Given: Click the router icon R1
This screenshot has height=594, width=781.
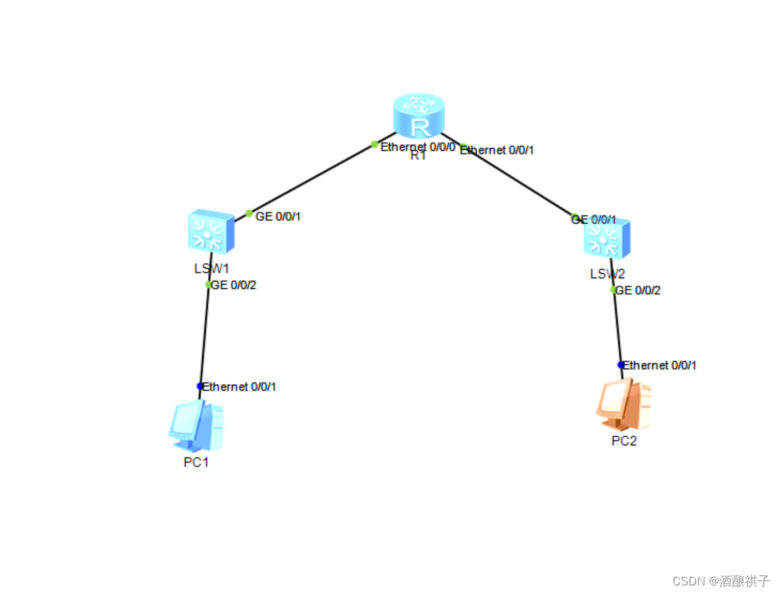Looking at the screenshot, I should pyautogui.click(x=419, y=116).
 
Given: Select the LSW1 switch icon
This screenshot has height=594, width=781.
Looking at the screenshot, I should pyautogui.click(x=210, y=231).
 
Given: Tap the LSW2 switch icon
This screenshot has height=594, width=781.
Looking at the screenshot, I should pyautogui.click(x=607, y=238).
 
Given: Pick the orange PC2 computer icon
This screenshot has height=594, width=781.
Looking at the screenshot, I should pyautogui.click(x=623, y=406).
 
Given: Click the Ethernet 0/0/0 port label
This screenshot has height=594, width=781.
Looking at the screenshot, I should pyautogui.click(x=418, y=146).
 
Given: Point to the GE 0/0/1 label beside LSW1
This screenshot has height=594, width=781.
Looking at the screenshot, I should pyautogui.click(x=278, y=216).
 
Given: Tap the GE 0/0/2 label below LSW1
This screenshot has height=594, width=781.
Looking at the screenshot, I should pyautogui.click(x=234, y=285).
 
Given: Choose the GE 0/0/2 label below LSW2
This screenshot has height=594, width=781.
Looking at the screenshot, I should pyautogui.click(x=638, y=291).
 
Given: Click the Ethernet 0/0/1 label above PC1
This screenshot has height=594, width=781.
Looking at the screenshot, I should pyautogui.click(x=240, y=387).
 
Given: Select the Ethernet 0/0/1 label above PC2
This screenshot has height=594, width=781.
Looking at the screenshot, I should pyautogui.click(x=660, y=366).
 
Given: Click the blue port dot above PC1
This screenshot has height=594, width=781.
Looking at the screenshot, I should pyautogui.click(x=200, y=386).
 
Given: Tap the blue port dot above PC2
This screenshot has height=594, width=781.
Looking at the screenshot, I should pyautogui.click(x=621, y=365).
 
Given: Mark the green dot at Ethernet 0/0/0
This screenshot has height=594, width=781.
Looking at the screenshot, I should pyautogui.click(x=374, y=144).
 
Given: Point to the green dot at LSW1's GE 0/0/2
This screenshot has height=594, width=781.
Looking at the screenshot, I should pyautogui.click(x=208, y=284).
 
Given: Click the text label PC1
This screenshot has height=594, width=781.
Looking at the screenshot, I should pyautogui.click(x=196, y=462).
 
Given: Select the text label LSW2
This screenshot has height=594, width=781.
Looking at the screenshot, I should pyautogui.click(x=607, y=274).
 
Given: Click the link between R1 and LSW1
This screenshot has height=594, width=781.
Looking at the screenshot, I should pyautogui.click(x=314, y=178).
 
